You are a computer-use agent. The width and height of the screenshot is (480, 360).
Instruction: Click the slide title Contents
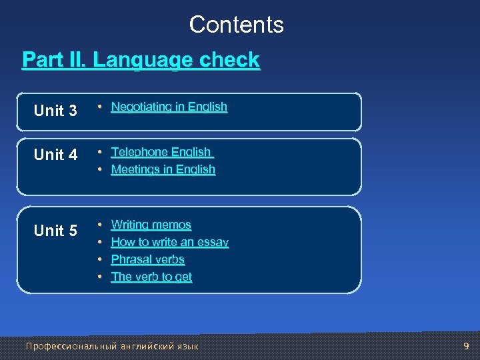coord(237,25)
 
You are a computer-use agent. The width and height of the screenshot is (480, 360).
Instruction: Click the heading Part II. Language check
coord(141,60)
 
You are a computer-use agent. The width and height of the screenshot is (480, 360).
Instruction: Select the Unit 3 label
coord(55,111)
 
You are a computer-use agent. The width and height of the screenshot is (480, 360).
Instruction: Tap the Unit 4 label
coord(55,155)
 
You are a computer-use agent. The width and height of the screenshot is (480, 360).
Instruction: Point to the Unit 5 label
coord(55,231)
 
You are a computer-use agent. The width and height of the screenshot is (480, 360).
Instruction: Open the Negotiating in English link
coord(169,107)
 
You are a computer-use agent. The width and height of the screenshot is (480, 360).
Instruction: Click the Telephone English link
coord(161,152)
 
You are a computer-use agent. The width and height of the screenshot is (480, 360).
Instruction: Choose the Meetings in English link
coord(163,169)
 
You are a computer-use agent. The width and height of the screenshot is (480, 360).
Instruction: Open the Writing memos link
coord(151,225)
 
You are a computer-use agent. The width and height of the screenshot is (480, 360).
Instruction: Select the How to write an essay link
coord(170,242)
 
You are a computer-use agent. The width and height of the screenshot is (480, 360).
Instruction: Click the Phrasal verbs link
coord(147,259)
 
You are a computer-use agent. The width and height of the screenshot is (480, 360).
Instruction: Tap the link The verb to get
coord(151,277)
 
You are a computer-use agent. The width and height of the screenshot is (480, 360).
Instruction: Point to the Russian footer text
coord(112,346)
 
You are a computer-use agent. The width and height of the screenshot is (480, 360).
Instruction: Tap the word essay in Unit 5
coord(214,242)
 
